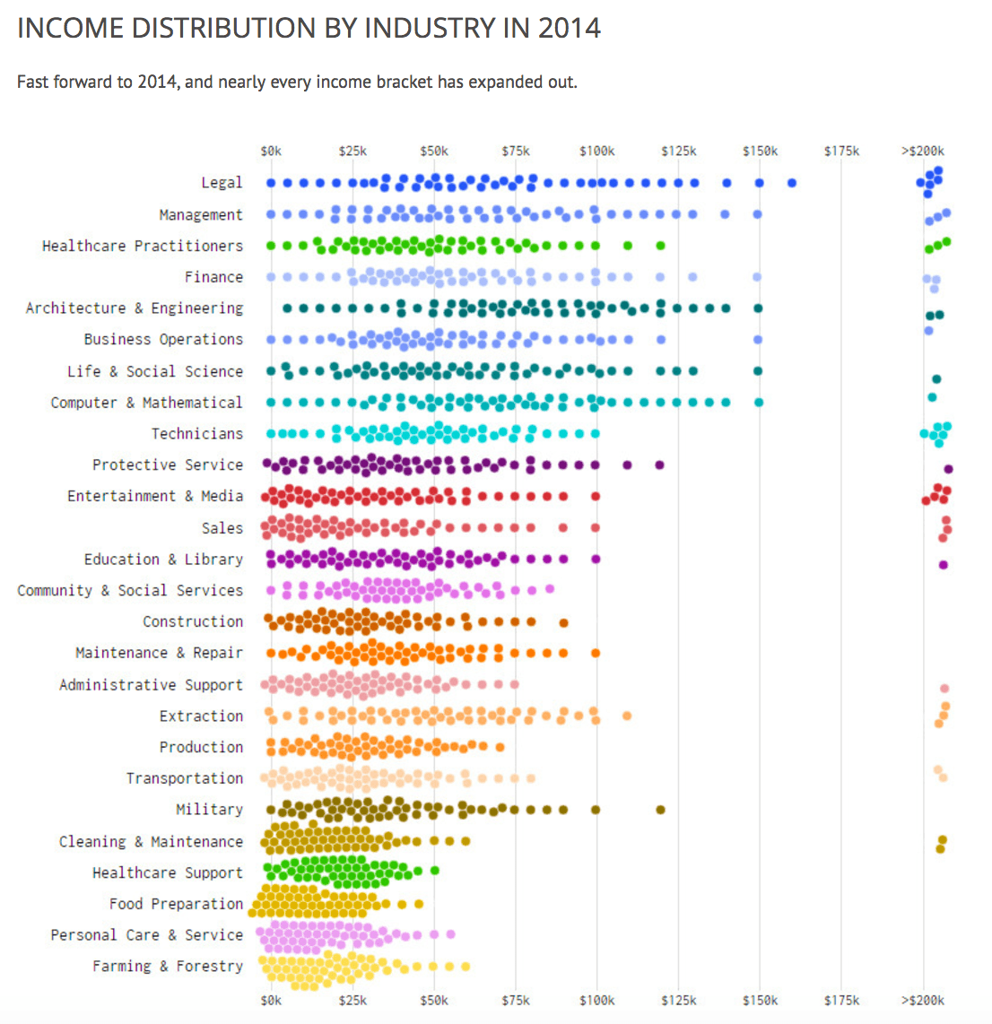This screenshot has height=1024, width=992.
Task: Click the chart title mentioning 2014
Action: tap(309, 28)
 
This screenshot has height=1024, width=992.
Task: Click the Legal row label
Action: tap(222, 183)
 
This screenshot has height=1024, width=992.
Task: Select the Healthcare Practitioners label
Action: tap(143, 246)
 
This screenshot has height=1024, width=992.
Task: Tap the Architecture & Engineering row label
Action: tap(135, 308)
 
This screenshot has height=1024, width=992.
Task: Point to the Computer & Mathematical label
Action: tap(146, 403)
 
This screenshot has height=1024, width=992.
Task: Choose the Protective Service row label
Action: tap(168, 464)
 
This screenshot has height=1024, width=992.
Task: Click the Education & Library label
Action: tap(163, 560)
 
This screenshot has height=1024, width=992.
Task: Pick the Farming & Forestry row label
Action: tap(168, 966)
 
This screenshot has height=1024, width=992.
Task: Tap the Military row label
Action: tap(209, 810)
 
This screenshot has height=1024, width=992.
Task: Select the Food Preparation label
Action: tap(176, 904)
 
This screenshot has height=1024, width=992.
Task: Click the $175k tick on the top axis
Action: tap(841, 151)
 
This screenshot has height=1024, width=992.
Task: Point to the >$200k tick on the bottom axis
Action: tap(922, 1000)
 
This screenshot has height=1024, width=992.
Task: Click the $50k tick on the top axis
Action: tap(434, 151)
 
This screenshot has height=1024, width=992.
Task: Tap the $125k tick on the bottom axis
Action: tap(678, 1000)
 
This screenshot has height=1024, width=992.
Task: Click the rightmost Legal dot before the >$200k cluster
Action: tap(792, 183)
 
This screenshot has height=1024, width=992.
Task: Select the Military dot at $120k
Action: tap(661, 810)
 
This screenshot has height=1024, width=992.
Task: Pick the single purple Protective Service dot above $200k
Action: tap(948, 469)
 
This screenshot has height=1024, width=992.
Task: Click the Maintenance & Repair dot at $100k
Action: tap(596, 653)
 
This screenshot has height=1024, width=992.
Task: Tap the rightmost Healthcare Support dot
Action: tap(435, 870)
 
